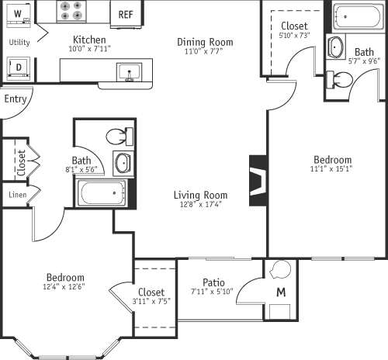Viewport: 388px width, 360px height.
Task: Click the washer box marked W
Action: point(17,15)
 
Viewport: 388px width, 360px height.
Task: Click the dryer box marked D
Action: point(17,67)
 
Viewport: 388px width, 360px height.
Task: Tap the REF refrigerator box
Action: point(125,15)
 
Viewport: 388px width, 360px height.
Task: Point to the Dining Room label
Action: point(205,42)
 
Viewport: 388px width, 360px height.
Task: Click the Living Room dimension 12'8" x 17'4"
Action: point(199,205)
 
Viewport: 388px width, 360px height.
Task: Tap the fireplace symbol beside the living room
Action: point(258,181)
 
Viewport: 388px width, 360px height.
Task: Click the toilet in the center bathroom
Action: point(119,137)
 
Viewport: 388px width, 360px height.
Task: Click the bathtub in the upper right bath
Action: point(359,17)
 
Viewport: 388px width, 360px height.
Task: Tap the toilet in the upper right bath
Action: point(340,78)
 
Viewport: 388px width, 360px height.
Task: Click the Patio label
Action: point(214,282)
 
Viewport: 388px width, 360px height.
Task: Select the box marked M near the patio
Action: point(281,292)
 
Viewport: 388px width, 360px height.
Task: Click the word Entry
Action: point(14,99)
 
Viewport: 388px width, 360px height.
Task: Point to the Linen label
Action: point(16,194)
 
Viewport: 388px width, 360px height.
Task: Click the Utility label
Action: point(19,42)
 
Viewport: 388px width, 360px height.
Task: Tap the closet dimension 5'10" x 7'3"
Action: point(294,36)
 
